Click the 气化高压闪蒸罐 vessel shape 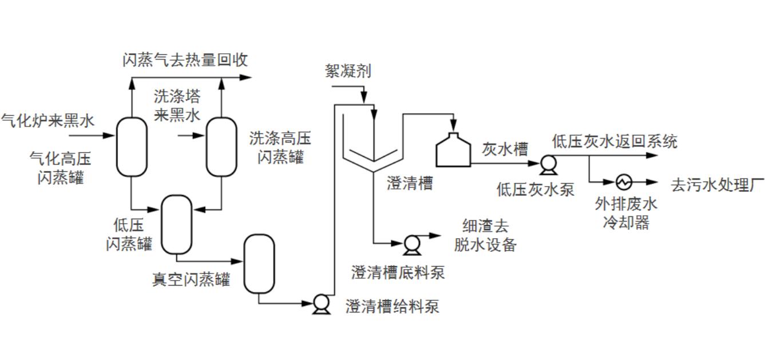132,147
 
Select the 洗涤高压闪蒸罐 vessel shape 221,147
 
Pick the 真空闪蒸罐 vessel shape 259,263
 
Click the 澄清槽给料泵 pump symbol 321,304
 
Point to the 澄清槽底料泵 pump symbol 411,244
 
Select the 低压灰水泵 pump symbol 549,165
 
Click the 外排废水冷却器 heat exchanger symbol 623,183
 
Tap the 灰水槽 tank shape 454,150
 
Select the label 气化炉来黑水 47,120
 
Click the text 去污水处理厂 718,185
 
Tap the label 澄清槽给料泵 392,306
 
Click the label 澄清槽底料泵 398,272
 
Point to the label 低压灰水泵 535,189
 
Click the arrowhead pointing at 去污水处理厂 653,183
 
